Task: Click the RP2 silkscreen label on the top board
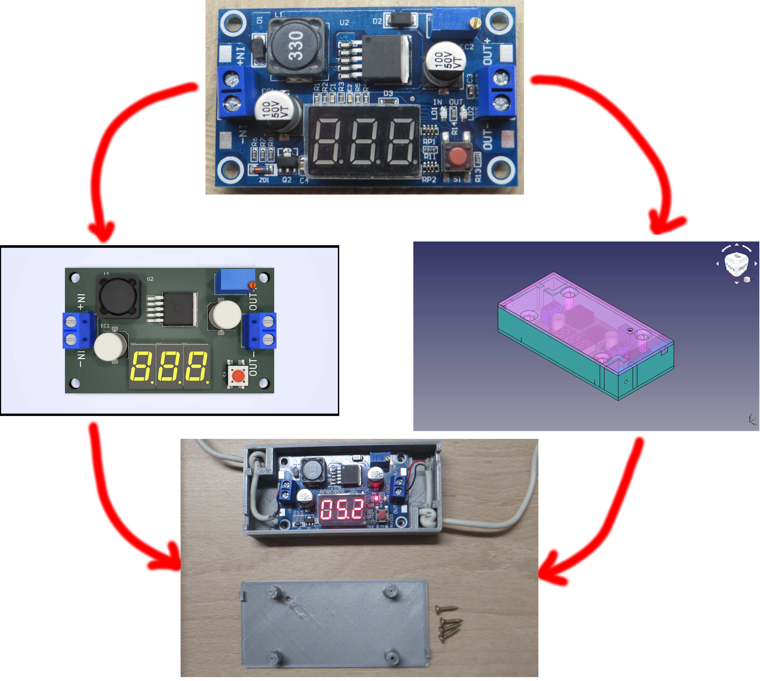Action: tap(429, 180)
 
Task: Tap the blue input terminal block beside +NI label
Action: tap(233, 92)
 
